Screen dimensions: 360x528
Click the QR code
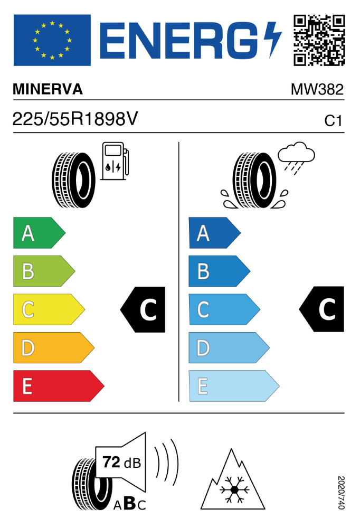coord(319,40)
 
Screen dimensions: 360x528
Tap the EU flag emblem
coord(52,40)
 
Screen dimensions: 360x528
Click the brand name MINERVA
coord(48,89)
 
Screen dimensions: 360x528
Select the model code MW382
coord(317,89)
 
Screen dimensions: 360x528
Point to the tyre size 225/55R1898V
coord(75,119)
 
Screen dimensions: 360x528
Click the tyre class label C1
coord(333,120)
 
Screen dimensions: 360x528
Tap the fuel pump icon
coord(115,161)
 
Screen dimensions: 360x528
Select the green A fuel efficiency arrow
coord(39,233)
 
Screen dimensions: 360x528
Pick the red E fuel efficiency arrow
coord(59,386)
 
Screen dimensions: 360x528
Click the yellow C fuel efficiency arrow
coord(49,309)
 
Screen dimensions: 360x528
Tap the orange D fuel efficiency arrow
coord(53,348)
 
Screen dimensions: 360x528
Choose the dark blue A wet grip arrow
coord(214,233)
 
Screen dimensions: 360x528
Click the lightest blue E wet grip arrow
coord(234,386)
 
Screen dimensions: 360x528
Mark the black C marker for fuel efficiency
coord(143,309)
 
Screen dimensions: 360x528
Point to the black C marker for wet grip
coord(322,309)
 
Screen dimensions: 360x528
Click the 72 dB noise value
coord(121,463)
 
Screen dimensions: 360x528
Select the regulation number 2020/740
coord(341,492)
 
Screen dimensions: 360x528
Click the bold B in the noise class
coord(130,504)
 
